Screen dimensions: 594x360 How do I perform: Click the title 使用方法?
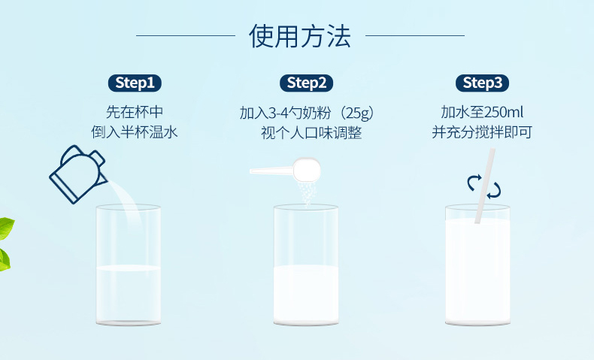click(x=300, y=36)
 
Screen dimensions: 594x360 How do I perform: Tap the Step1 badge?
click(x=135, y=83)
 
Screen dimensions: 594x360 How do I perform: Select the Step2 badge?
click(x=307, y=83)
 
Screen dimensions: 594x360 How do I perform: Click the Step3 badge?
click(x=482, y=83)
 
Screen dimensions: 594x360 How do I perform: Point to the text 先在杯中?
click(x=135, y=112)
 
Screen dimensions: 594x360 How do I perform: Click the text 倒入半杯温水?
click(x=135, y=132)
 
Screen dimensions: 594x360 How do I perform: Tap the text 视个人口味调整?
click(x=311, y=133)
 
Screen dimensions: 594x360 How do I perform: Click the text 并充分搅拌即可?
click(x=482, y=132)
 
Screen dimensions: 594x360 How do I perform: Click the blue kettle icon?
click(x=77, y=174)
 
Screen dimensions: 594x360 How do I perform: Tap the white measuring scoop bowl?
click(x=307, y=169)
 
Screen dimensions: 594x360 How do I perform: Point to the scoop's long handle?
click(x=271, y=171)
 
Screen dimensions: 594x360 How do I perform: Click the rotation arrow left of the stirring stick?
click(x=473, y=183)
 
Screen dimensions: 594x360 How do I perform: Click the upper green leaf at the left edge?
click(x=7, y=228)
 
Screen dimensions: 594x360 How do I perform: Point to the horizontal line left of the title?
click(x=186, y=35)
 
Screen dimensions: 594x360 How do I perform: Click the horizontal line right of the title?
click(x=415, y=35)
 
